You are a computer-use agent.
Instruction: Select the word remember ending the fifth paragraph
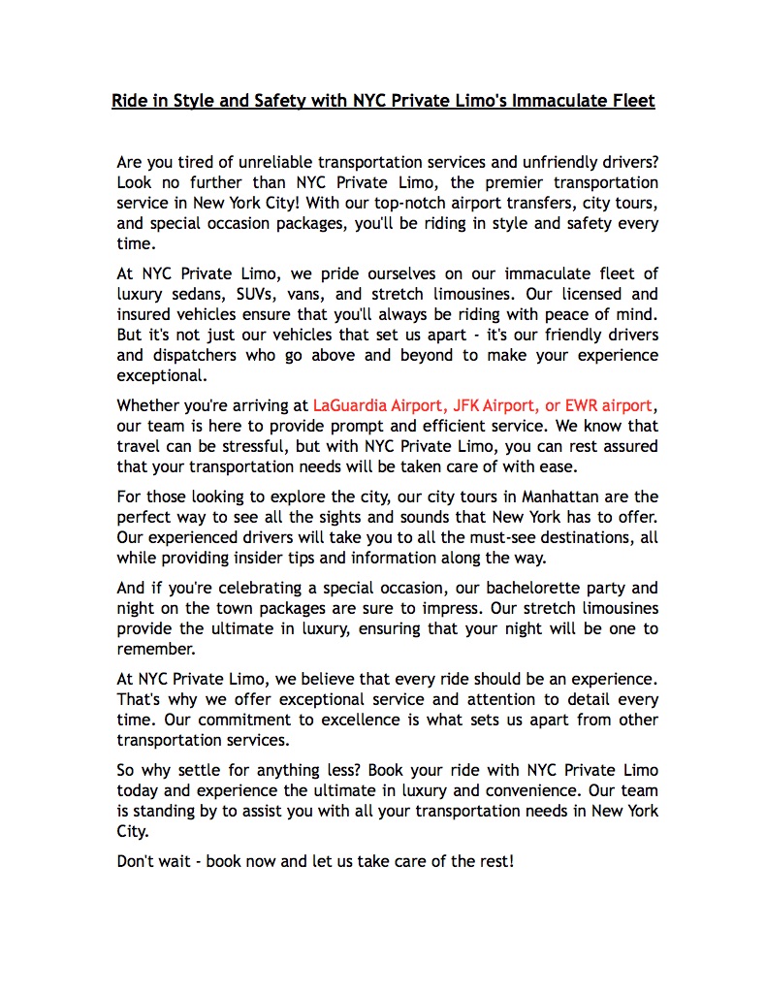point(156,649)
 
